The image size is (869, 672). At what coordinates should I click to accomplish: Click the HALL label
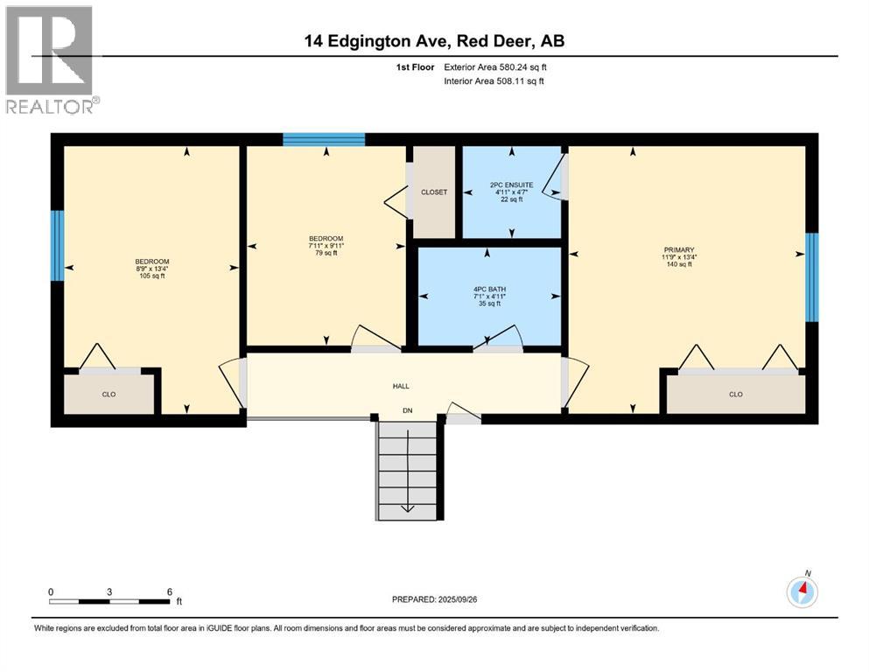coord(401,386)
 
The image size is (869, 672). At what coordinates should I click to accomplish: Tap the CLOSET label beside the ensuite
coord(434,192)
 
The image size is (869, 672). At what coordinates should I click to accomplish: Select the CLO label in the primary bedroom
coord(735,395)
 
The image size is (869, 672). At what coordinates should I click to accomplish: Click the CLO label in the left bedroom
coord(109,395)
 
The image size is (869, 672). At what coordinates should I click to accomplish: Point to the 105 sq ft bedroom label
coord(151,269)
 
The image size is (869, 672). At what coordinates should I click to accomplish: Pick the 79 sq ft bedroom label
coord(325,247)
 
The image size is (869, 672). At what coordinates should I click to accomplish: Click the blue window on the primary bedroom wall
coord(811,277)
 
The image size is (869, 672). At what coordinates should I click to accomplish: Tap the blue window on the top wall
coord(323,139)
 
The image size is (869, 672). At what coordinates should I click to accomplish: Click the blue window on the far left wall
coord(57,246)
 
